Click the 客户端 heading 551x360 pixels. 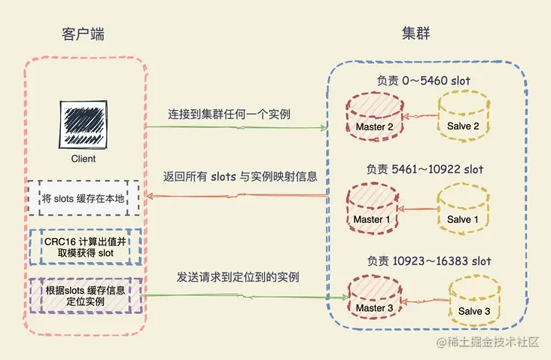(82, 35)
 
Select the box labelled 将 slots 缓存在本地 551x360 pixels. (84, 199)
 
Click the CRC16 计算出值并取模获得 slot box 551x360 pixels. (84, 247)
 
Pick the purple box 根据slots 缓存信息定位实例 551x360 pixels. (84, 295)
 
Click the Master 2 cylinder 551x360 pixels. (375, 119)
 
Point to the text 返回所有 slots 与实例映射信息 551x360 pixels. (239, 177)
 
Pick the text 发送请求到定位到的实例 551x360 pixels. (238, 277)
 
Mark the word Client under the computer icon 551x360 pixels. (84, 160)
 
